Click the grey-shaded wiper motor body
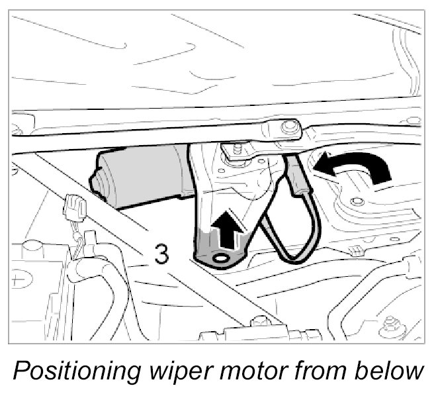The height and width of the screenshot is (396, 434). coord(143,176)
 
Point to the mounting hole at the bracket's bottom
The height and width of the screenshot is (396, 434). coord(220,256)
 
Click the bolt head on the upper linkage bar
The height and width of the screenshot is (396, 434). coord(288,127)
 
